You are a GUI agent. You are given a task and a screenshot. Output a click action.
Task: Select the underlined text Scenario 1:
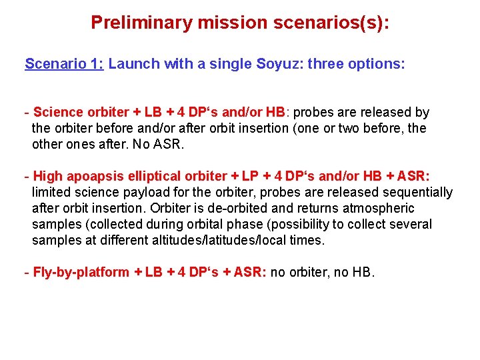coord(64,64)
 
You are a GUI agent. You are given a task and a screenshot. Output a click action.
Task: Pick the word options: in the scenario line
coord(378,64)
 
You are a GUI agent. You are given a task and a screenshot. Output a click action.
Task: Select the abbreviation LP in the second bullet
coord(251,176)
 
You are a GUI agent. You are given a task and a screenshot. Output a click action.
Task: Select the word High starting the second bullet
coord(47,176)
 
